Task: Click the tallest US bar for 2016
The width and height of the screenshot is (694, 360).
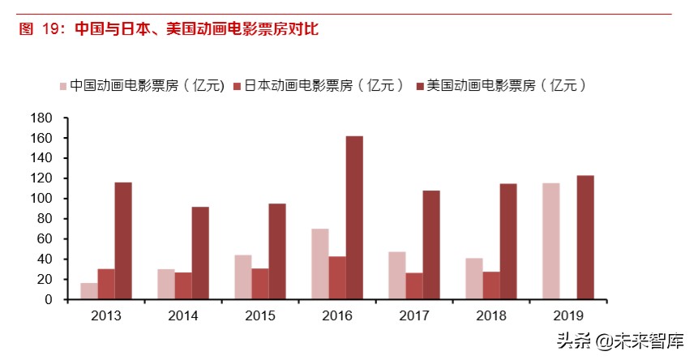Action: point(354,217)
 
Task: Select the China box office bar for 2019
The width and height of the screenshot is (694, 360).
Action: point(550,241)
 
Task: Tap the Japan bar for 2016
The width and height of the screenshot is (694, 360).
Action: point(337,277)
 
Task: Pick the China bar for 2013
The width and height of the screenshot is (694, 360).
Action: point(88,291)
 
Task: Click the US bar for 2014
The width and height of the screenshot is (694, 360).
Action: point(200,253)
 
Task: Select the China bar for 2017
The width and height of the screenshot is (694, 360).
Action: point(397,276)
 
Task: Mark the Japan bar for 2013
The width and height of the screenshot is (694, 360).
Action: point(106,284)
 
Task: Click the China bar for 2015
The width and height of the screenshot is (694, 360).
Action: point(243,276)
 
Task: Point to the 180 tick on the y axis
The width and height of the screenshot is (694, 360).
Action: point(42,118)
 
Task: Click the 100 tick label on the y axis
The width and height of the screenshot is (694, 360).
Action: point(42,199)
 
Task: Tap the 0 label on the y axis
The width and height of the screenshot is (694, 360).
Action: point(48,299)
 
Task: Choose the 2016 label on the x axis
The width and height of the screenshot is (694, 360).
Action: point(337,315)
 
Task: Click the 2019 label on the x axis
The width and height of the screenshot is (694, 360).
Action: point(568,315)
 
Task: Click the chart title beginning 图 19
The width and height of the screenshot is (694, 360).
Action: point(169,29)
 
